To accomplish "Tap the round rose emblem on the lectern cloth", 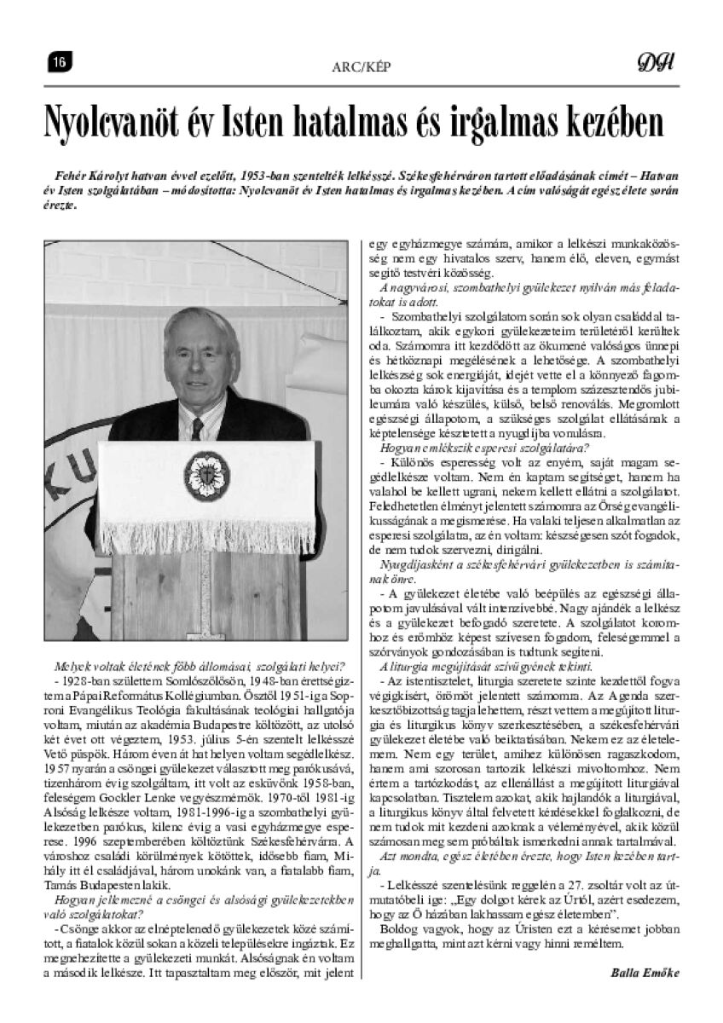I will [x=200, y=470].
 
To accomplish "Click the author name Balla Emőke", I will [x=645, y=972].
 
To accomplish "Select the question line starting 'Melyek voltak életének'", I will [x=199, y=666].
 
